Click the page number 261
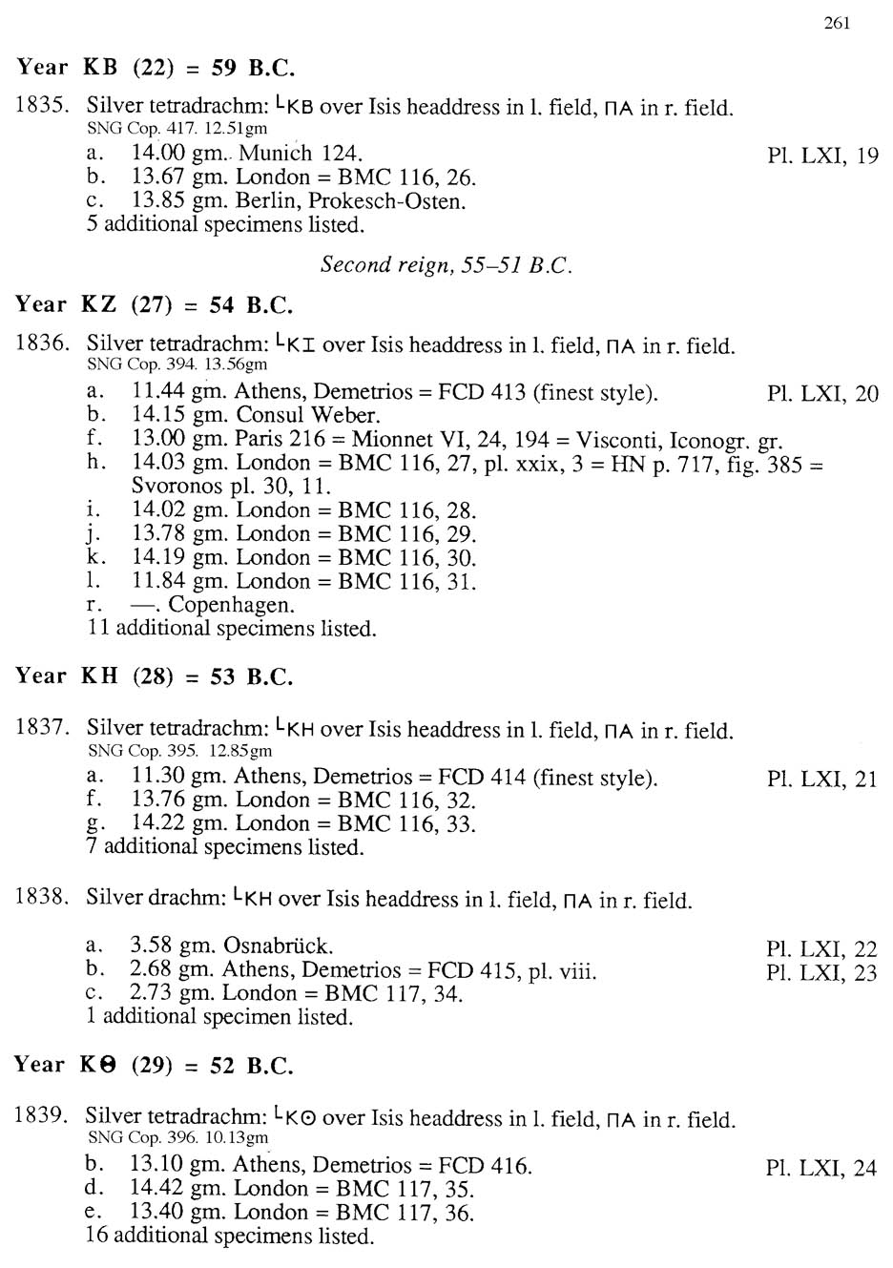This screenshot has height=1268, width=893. [x=836, y=23]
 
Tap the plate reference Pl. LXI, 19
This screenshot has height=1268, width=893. [x=821, y=156]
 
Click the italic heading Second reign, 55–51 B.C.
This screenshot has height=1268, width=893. [x=446, y=264]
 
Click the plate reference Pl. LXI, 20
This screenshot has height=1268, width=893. [x=821, y=393]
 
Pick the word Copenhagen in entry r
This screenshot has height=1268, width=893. [x=231, y=605]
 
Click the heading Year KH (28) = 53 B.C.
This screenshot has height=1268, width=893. [x=154, y=676]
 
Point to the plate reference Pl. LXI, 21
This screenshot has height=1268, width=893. [x=821, y=779]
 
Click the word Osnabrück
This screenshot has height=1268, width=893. [x=278, y=946]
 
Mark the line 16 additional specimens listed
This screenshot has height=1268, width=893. [x=230, y=1236]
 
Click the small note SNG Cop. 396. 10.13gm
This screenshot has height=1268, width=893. [x=177, y=1137]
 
